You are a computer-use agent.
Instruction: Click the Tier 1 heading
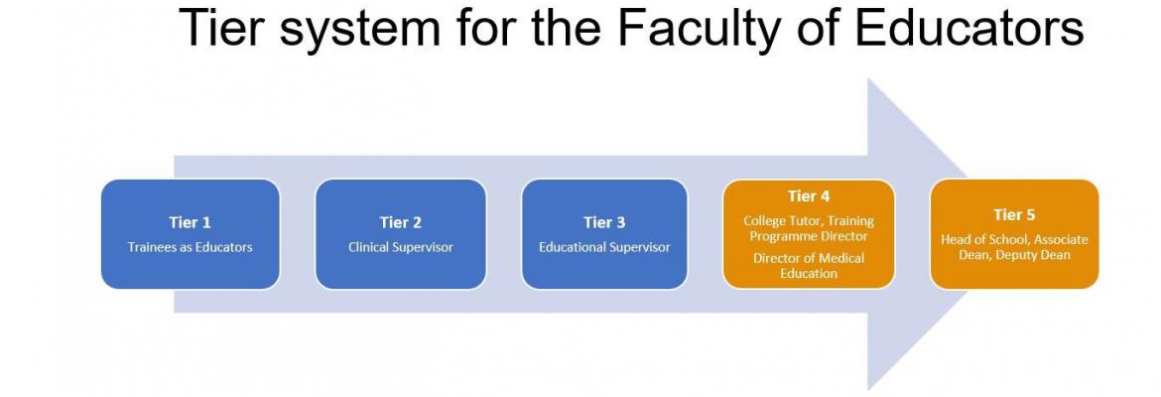point(190,222)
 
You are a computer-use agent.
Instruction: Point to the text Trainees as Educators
point(190,247)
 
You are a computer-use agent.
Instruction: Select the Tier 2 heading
point(401,222)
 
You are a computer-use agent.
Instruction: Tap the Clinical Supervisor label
point(401,247)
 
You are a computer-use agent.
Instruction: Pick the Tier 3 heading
point(604,222)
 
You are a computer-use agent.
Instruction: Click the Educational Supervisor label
point(604,247)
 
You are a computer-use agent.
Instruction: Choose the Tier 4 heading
point(809,197)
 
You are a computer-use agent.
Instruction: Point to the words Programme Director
point(809,236)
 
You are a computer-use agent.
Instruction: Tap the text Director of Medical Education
point(809,266)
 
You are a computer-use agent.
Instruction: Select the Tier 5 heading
point(1014,214)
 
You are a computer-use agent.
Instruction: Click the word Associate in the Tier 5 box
point(1061,240)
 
